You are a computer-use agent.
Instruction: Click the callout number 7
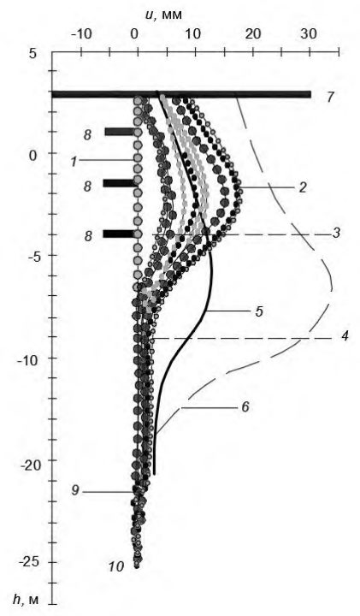331,96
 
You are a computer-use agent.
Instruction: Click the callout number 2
302,187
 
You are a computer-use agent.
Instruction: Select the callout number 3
335,234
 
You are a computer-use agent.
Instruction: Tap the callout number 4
345,337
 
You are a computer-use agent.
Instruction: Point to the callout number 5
259,311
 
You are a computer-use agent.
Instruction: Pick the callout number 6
245,407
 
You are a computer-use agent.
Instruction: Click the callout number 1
74,161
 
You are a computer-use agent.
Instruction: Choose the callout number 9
76,491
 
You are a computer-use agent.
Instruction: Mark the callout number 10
116,566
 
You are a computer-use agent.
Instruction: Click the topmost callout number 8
87,135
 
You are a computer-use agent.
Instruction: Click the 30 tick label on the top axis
309,34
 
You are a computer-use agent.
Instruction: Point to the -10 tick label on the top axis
81,34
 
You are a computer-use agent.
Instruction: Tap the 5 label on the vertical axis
32,52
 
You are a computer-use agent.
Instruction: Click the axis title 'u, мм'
162,14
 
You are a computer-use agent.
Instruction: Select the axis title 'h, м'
31,600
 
